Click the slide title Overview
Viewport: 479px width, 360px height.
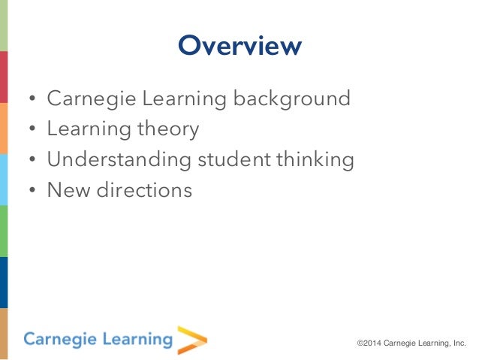coord(239,46)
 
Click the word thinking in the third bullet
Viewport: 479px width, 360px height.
coord(314,160)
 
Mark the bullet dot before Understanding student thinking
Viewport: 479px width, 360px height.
coord(32,161)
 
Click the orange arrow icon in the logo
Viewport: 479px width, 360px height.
coord(191,339)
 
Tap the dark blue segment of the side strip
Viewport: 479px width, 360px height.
coord(4,282)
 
